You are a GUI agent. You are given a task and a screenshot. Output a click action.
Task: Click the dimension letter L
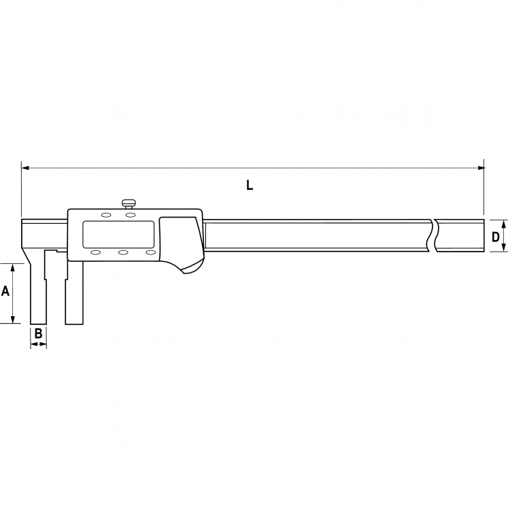249,186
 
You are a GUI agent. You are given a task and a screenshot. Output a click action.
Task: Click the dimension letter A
5,291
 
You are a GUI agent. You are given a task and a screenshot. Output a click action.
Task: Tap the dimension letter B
38,333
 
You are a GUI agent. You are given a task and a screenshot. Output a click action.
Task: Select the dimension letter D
495,237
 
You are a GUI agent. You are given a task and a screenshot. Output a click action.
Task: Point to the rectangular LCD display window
118,235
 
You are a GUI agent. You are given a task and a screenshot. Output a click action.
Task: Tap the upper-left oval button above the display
106,215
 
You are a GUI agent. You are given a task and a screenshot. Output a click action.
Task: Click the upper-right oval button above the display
131,215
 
